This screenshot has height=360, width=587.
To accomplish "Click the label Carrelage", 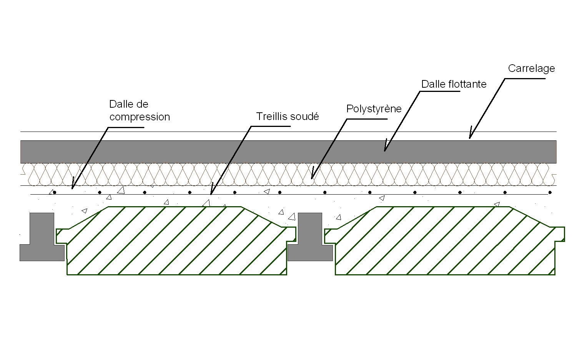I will [x=531, y=68].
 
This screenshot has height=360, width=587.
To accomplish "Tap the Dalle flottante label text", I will [x=454, y=84].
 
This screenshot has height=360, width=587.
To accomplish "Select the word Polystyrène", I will [x=374, y=109].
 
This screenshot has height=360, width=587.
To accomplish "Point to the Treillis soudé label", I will [x=288, y=117].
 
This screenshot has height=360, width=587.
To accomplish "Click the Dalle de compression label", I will [x=139, y=111].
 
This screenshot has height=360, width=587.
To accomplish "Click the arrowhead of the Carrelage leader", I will [x=470, y=137].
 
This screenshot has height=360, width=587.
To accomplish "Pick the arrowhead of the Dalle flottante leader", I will [x=385, y=150].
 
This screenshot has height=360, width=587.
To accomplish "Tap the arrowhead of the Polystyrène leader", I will [x=312, y=178].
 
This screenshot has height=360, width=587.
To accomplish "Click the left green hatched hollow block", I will [x=177, y=242].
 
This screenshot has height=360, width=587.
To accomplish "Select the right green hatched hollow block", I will [x=445, y=242].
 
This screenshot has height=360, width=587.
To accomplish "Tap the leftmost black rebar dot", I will [x=55, y=192].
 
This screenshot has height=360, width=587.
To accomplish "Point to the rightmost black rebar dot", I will [x=550, y=192].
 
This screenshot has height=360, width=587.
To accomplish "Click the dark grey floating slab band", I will [x=288, y=152].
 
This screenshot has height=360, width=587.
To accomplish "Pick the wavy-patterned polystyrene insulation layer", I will [x=288, y=174].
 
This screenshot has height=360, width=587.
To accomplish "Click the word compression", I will [x=139, y=117].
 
